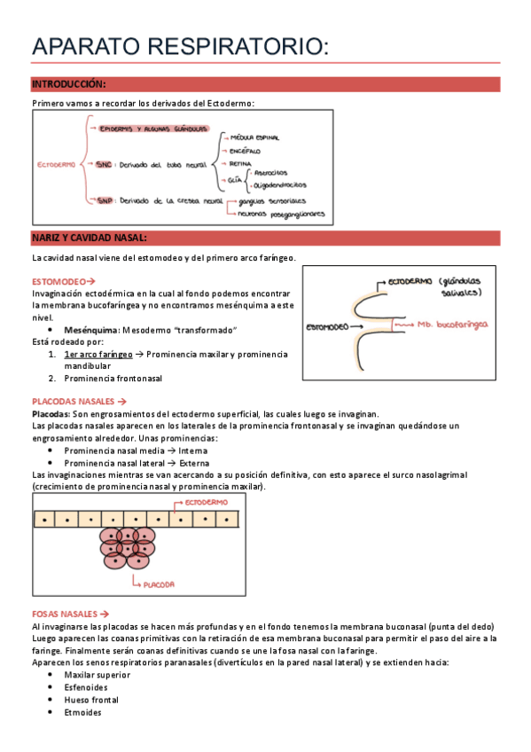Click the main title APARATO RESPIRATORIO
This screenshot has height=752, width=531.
[180, 49]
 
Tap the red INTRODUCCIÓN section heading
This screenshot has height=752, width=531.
[69, 84]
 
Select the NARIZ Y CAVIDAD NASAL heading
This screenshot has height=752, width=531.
[90, 239]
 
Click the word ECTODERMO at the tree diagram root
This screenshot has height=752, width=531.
[56, 164]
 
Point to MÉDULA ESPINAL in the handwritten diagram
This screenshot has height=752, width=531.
[255, 138]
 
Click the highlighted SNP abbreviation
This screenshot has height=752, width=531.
[105, 202]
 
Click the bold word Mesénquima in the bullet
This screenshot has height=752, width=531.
[91, 330]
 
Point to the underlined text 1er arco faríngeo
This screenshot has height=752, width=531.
[98, 354]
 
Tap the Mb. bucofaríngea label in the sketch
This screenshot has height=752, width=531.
[453, 325]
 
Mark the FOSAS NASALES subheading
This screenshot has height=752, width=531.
[70, 614]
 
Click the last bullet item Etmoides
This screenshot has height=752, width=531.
[83, 712]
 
